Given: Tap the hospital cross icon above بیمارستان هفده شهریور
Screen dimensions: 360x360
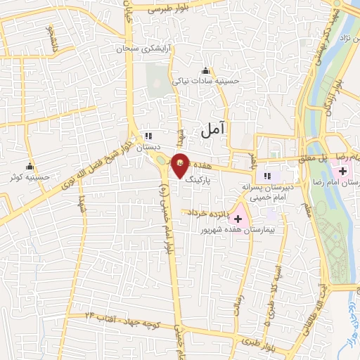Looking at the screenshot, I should pos(238,219).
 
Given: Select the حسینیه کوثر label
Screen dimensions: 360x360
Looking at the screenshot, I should pos(29,178).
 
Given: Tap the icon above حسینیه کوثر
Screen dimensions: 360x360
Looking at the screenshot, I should pos(30,167).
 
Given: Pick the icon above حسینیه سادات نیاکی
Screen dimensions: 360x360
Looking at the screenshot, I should pos(205,70).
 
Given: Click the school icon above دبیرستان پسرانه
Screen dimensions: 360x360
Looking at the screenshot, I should pos(266,175).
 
